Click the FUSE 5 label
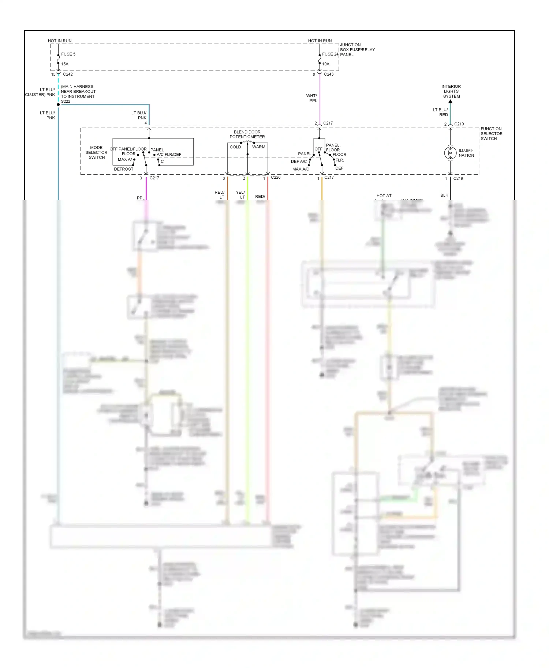68,54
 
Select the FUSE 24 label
330,54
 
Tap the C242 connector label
68,74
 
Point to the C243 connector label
329,74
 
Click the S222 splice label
66,102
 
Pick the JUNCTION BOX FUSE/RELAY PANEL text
357,50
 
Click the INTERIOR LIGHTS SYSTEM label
451,91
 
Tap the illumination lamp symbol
450,153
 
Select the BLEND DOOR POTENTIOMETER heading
247,134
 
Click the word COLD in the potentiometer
235,147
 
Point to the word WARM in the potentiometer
259,147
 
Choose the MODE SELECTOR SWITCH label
96,152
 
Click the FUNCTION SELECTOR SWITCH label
491,134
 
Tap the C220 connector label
276,177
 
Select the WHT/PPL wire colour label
312,98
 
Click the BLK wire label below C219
444,195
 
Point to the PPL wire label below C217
141,198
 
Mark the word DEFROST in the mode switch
123,169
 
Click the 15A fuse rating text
65,64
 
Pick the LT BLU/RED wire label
440,112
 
